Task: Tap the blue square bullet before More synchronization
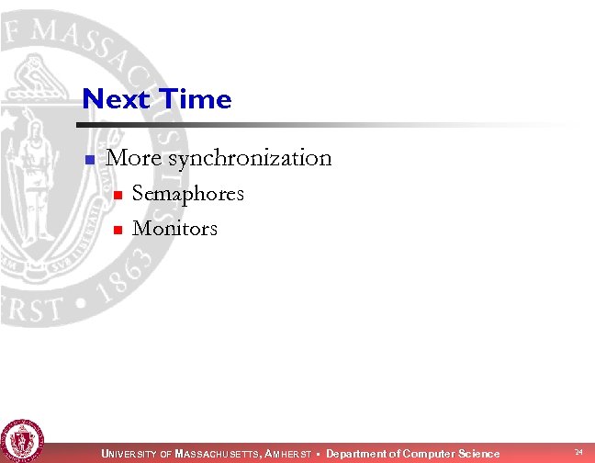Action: coord(89,160)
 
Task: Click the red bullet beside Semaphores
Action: coord(116,196)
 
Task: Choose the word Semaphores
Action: coord(187,194)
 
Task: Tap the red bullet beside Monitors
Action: coord(116,230)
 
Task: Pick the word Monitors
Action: coord(174,228)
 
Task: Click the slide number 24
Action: coord(578,452)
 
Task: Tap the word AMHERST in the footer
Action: coord(290,454)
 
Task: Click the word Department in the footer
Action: coord(356,454)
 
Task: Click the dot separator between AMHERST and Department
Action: coord(319,454)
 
